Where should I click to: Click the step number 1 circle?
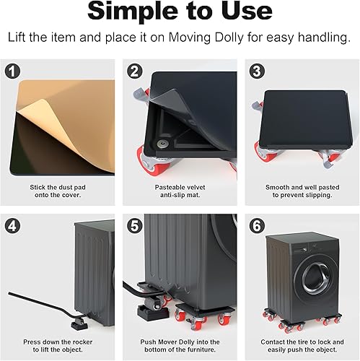pyautogui.click(x=12, y=71)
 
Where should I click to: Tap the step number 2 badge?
pyautogui.click(x=135, y=71)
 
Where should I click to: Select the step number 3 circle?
pyautogui.click(x=257, y=71)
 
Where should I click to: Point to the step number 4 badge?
pyautogui.click(x=12, y=226)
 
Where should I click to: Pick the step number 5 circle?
pyautogui.click(x=135, y=226)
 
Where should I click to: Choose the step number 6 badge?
pyautogui.click(x=257, y=226)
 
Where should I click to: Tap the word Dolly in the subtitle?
pyautogui.click(x=229, y=38)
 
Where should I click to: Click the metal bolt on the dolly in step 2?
pyautogui.click(x=162, y=144)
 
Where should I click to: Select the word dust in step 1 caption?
pyautogui.click(x=66, y=187)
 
